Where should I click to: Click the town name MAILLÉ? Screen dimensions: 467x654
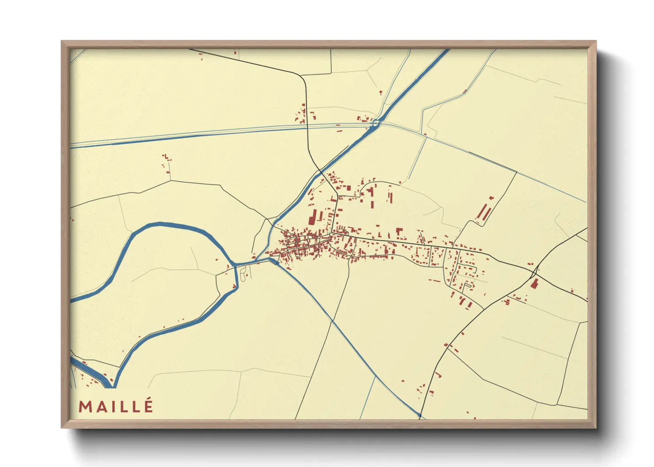pyautogui.click(x=116, y=406)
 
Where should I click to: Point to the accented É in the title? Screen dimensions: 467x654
pyautogui.click(x=148, y=405)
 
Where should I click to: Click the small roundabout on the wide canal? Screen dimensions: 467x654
pyautogui.click(x=376, y=124)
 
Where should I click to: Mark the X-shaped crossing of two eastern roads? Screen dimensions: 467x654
pyautogui.click(x=535, y=270)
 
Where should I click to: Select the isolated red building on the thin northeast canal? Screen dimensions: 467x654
pyautogui.click(x=464, y=92)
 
